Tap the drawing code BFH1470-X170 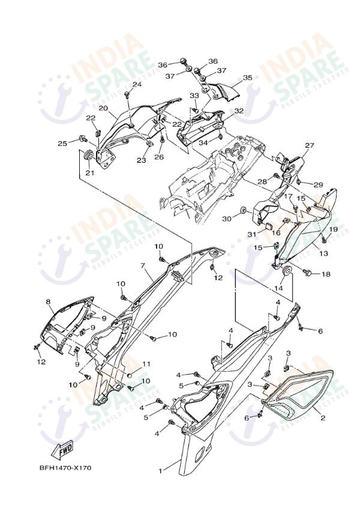click(66, 468)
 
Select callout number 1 click(160, 471)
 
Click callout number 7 click(143, 265)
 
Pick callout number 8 click(48, 302)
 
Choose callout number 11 click(146, 364)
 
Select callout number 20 click(103, 109)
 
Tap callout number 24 click(137, 85)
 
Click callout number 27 click(309, 146)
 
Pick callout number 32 click(221, 111)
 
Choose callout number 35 click(247, 78)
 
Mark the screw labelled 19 click(323, 239)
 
